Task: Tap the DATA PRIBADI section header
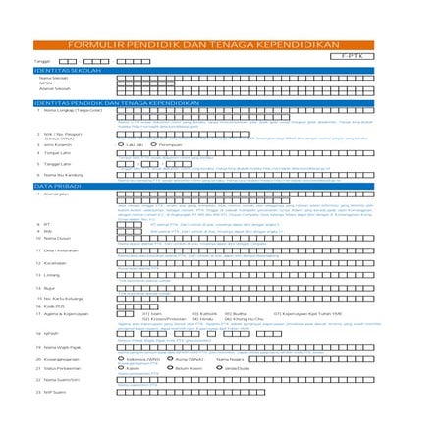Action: point(55,186)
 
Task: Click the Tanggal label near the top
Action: point(41,61)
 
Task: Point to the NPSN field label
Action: point(45,83)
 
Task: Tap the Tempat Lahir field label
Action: point(58,153)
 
